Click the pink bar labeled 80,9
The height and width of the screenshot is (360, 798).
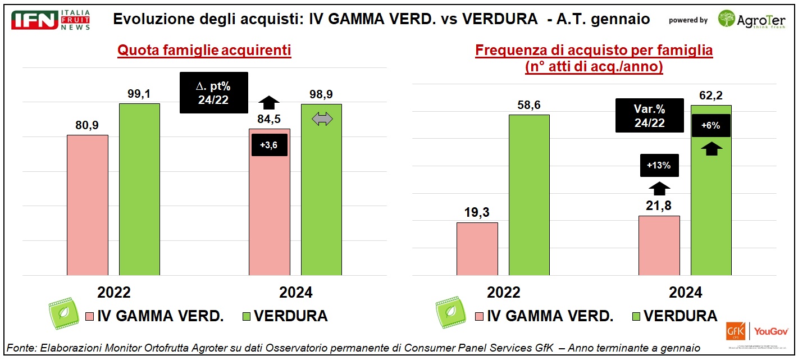click(x=87, y=205)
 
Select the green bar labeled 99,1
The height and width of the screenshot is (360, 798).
click(x=139, y=189)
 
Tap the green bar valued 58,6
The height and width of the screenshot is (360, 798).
click(x=529, y=195)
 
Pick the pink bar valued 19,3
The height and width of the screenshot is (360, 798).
click(x=477, y=249)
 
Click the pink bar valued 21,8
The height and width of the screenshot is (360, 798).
click(x=659, y=245)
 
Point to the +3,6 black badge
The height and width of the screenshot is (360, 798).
click(x=269, y=145)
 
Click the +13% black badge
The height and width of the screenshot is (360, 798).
click(x=659, y=166)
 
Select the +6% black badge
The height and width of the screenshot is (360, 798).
click(x=711, y=125)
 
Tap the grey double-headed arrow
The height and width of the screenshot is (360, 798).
click(x=322, y=119)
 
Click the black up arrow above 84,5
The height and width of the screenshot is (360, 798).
click(x=270, y=102)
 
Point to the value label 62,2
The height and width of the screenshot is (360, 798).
click(x=710, y=95)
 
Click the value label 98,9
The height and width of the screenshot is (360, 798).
click(x=322, y=94)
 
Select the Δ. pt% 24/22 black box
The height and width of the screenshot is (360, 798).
click(x=213, y=93)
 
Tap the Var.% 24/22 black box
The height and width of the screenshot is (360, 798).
click(x=649, y=116)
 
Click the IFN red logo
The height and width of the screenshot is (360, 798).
click(x=35, y=20)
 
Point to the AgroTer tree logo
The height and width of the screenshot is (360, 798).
click(x=727, y=20)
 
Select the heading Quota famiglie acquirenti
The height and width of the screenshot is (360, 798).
click(x=204, y=51)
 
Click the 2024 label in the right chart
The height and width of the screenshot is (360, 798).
click(x=685, y=293)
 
